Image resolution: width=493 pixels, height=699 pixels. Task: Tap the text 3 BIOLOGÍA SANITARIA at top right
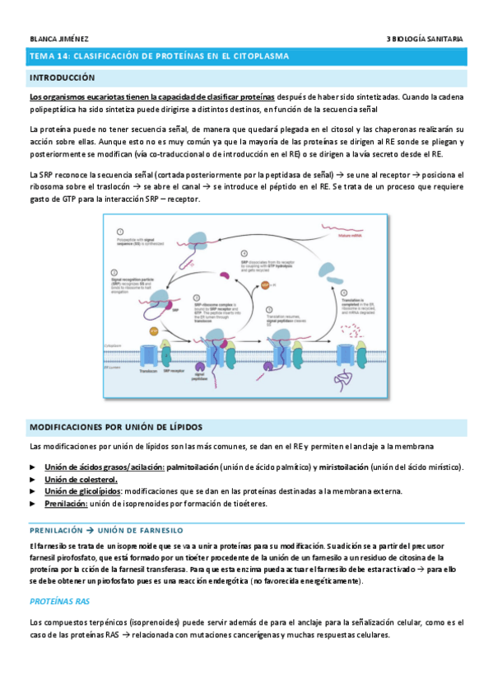click(424, 39)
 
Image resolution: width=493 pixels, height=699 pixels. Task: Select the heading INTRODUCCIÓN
click(62, 77)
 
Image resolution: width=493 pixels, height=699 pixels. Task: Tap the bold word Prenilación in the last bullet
click(65, 503)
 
